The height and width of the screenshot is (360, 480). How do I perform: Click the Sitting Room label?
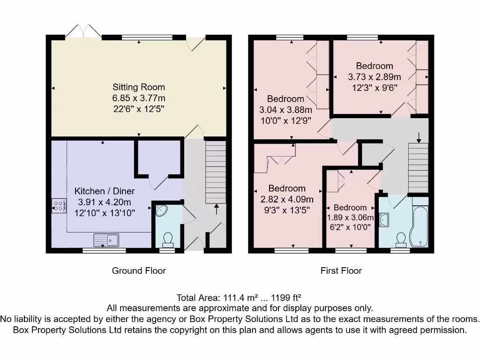point(139,87)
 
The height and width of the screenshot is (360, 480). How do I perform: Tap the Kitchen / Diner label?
point(105,191)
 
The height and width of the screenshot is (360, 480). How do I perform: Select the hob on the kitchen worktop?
point(59,205)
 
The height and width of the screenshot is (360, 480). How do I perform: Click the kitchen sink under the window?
point(107,240)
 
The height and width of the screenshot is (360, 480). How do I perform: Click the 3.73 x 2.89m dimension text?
point(374,77)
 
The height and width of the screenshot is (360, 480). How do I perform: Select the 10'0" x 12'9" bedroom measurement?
point(285,120)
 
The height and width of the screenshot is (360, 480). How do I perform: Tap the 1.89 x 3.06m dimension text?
point(350,217)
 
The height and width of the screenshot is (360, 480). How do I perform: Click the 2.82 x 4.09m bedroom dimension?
point(287,199)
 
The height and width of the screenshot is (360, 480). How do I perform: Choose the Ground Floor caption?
point(139,270)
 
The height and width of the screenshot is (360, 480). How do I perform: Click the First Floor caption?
point(341,270)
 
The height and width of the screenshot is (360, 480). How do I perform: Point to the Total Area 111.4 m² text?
point(239,298)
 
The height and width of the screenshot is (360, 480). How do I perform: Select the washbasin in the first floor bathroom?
point(383,219)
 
